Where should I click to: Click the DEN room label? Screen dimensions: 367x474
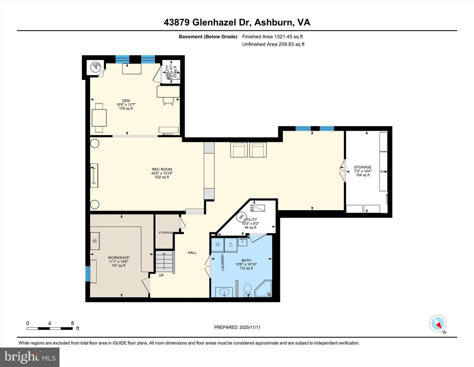(x=126, y=101)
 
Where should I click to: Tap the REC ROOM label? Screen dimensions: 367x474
(x=162, y=169)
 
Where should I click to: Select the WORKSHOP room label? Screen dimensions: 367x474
(x=118, y=258)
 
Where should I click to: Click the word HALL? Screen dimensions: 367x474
(x=192, y=253)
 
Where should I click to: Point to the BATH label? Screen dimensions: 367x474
(x=246, y=260)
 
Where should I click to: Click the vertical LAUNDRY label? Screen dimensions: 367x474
(x=223, y=262)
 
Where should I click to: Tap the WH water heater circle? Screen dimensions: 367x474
(x=241, y=217)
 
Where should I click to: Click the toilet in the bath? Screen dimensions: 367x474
(x=248, y=290)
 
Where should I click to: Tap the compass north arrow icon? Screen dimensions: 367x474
(x=438, y=324)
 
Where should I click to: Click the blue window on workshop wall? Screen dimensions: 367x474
(x=88, y=274)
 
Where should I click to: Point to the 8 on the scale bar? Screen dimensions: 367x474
(x=72, y=323)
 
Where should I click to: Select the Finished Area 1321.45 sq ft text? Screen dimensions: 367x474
(x=272, y=37)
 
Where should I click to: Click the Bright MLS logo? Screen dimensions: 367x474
(x=30, y=357)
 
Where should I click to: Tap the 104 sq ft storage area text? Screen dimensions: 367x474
(x=362, y=175)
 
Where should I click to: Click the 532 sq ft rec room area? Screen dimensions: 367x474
(x=162, y=177)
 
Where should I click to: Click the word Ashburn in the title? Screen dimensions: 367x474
(x=273, y=22)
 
